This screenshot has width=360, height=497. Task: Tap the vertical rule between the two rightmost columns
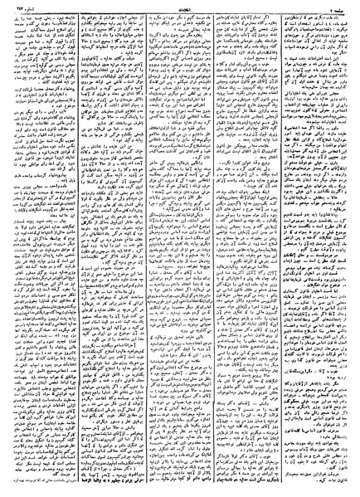point(289,249)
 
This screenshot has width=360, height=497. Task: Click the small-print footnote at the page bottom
point(109,490)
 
